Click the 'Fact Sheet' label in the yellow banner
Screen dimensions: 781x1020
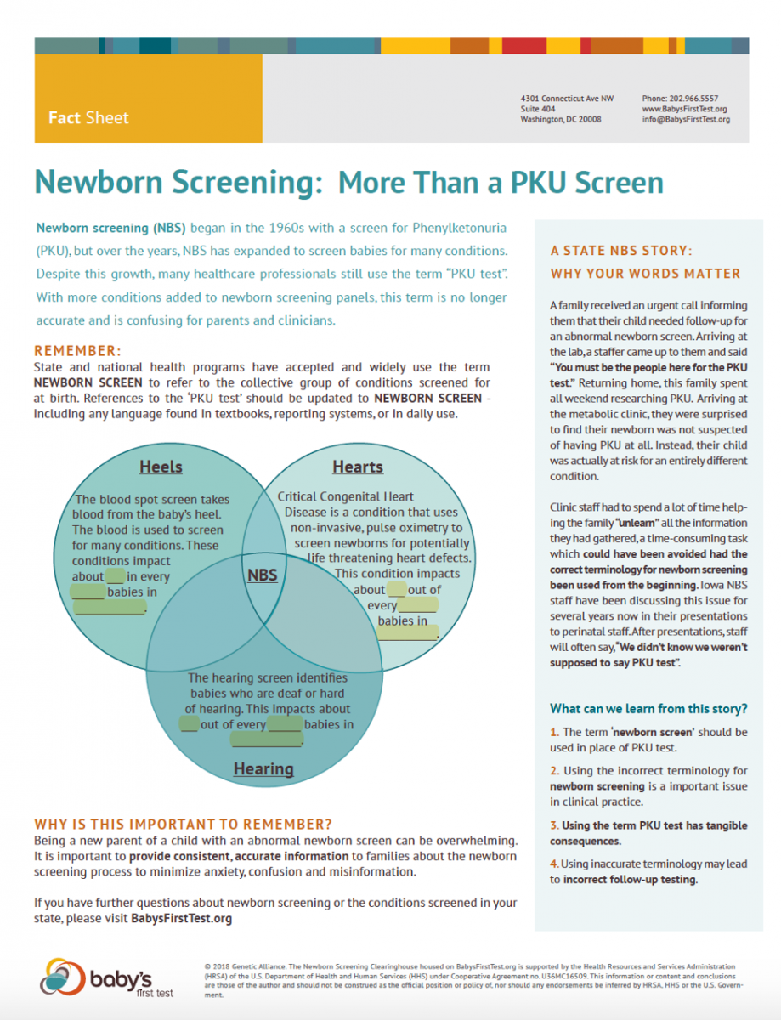pyautogui.click(x=88, y=117)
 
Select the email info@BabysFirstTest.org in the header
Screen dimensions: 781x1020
pyautogui.click(x=686, y=119)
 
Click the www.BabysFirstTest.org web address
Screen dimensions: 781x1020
pyautogui.click(x=684, y=109)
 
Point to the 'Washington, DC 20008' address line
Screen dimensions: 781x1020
pyautogui.click(x=561, y=119)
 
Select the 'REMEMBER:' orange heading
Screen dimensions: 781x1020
pyautogui.click(x=78, y=351)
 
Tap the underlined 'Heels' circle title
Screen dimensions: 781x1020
pyautogui.click(x=161, y=467)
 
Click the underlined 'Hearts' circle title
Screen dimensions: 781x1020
pyautogui.click(x=358, y=467)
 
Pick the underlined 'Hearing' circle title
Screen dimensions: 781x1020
pyautogui.click(x=263, y=769)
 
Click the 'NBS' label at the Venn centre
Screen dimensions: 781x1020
pyautogui.click(x=263, y=575)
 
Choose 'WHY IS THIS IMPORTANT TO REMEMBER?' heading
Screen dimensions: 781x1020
pyautogui.click(x=183, y=824)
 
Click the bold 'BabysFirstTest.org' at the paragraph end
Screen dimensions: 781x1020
pyautogui.click(x=182, y=918)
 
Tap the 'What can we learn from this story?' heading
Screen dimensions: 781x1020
pyautogui.click(x=648, y=708)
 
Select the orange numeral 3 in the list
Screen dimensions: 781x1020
pyautogui.click(x=554, y=825)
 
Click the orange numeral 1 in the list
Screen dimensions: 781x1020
pyautogui.click(x=554, y=732)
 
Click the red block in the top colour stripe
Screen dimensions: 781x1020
pyautogui.click(x=524, y=46)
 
